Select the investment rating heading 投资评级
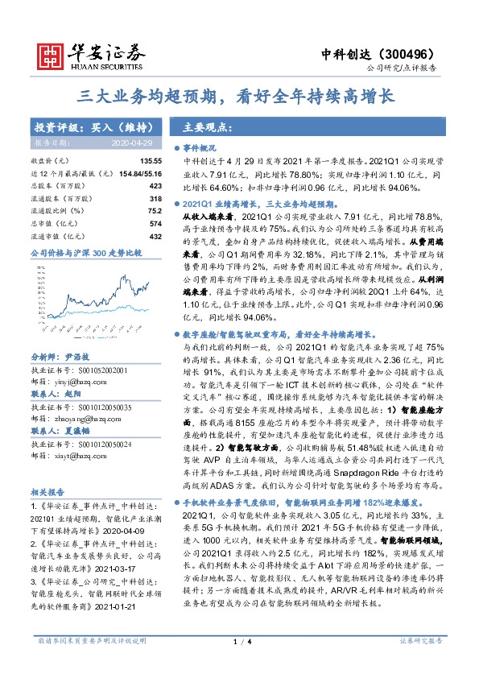coord(59,128)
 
